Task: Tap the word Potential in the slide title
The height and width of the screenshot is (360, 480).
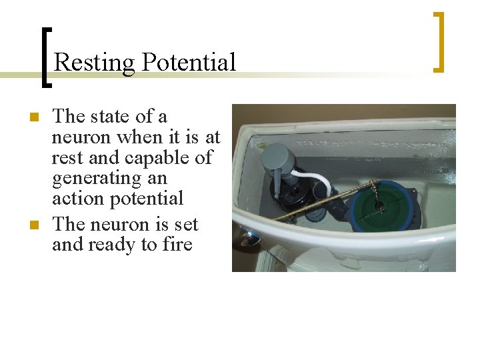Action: tap(189, 63)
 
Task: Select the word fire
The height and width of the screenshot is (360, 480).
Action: tap(177, 245)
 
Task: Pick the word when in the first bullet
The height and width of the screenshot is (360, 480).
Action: tap(139, 137)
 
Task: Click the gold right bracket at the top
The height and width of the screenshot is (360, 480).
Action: tap(439, 41)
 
